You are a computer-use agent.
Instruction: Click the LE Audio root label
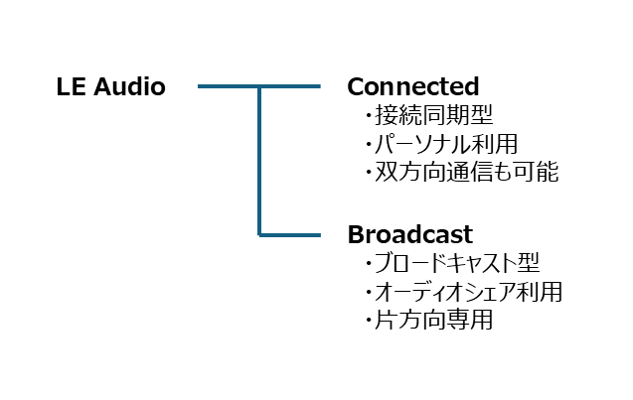click(111, 86)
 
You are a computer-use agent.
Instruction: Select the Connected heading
click(413, 86)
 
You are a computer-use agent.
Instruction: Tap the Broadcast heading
click(409, 234)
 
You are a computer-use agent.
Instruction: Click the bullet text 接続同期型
click(434, 115)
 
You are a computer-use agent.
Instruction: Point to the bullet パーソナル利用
click(446, 144)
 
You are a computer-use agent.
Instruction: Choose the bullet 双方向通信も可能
click(467, 172)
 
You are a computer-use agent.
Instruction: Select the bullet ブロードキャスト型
click(457, 263)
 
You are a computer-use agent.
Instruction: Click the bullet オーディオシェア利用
click(468, 292)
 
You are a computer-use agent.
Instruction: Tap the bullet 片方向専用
click(434, 320)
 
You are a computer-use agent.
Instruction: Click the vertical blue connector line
click(259, 161)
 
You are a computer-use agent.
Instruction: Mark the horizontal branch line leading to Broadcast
click(290, 234)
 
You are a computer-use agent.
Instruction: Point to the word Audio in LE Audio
click(129, 86)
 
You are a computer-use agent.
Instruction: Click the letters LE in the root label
click(72, 87)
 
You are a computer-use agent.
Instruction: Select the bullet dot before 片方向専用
click(368, 321)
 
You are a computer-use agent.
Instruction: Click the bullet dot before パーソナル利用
click(368, 145)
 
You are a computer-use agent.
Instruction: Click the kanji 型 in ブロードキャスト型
click(528, 263)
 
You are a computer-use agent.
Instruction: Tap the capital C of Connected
click(356, 87)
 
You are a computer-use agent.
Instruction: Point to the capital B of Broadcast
click(356, 234)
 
